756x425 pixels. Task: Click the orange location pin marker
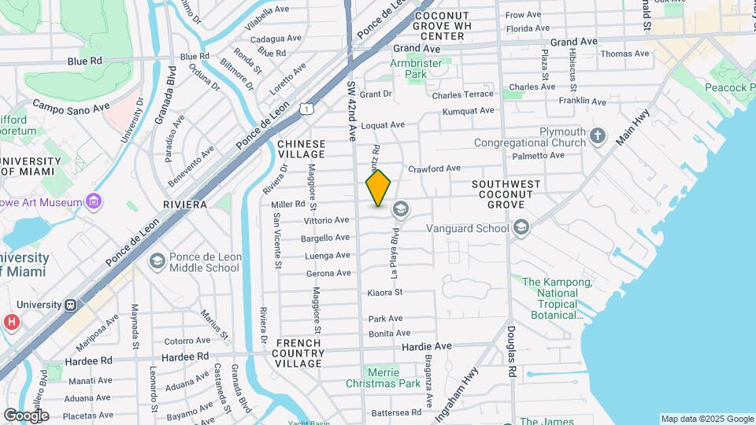[379, 188]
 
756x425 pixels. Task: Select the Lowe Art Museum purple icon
[94, 201]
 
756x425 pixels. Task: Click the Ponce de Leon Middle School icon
[157, 261]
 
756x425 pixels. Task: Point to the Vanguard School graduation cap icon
[520, 228]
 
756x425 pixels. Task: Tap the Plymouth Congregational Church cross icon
[598, 136]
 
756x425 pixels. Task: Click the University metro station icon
[70, 305]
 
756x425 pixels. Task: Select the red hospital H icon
[11, 322]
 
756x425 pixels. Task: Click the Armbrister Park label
[408, 68]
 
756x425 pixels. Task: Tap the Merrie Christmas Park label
[384, 378]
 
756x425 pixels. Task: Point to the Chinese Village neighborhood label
[301, 150]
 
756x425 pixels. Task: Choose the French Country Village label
[298, 353]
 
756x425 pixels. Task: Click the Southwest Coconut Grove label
[506, 194]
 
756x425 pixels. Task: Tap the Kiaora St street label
[385, 293]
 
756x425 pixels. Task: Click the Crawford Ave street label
[434, 168]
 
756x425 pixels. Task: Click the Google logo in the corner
[25, 415]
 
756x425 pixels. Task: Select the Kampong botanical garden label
[550, 298]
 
